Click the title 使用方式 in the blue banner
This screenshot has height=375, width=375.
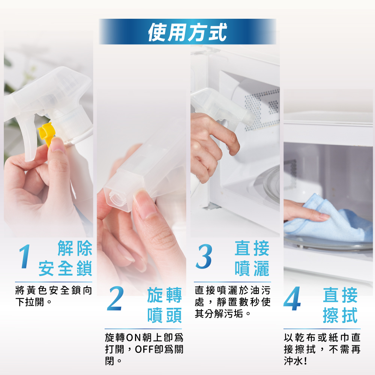(187, 32)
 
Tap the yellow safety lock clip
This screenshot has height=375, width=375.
(46, 133)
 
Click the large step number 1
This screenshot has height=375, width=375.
(25, 256)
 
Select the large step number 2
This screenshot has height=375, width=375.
(115, 298)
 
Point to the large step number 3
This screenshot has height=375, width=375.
(204, 256)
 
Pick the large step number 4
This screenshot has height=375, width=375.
(292, 298)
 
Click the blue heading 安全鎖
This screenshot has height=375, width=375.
(65, 268)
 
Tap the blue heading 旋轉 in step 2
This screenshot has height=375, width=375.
(165, 295)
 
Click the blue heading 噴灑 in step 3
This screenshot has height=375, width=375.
(252, 268)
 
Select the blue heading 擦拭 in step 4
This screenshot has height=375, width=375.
(340, 315)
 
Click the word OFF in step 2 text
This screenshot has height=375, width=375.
(144, 349)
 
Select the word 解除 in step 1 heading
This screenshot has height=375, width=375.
(75, 248)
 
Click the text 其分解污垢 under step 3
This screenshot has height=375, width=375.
(219, 313)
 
